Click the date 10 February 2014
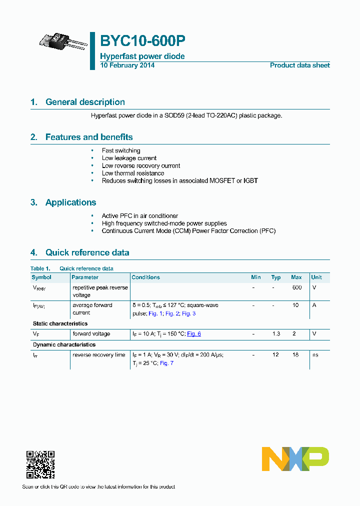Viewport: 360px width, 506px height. pos(127,65)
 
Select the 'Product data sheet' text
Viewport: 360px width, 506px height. pos(299,65)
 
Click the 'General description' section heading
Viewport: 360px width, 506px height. pos(85,102)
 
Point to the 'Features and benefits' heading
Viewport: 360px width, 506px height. pos(89,137)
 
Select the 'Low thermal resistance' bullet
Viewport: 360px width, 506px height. pos(132,173)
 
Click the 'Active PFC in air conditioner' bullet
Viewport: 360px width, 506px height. pos(139,216)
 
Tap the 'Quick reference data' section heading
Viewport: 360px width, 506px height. pos(87,252)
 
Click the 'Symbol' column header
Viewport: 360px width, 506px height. pos(41,277)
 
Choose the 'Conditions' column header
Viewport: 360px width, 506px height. pos(145,277)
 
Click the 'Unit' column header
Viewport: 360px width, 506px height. pos(316,277)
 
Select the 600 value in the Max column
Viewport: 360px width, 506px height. pos(296,287)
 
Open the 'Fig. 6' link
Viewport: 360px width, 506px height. pos(194,334)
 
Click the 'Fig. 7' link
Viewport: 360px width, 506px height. pos(166,363)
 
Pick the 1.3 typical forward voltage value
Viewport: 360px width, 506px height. pos(276,334)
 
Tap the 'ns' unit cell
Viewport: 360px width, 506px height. pos(314,355)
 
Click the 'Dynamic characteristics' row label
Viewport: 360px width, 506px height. pos(64,344)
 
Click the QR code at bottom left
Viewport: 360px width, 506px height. pos(40,464)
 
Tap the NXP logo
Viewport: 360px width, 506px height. pos(295,458)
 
